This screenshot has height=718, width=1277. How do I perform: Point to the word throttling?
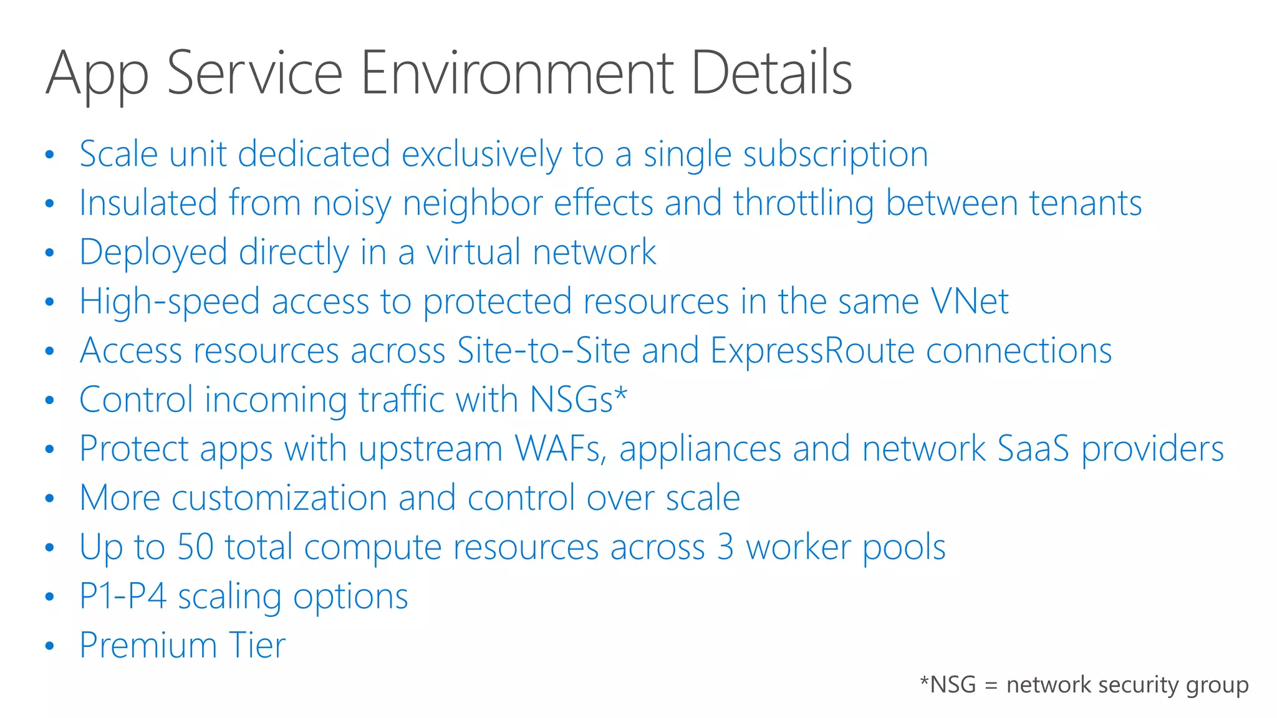point(804,204)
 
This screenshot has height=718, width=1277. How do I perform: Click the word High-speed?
point(169,302)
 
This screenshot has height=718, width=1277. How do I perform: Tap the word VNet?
point(969,302)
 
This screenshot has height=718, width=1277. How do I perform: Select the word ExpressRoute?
point(812,351)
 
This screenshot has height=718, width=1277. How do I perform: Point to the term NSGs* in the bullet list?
point(578,400)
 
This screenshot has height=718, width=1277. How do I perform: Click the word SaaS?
point(1033,449)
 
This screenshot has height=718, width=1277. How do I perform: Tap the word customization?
point(279,498)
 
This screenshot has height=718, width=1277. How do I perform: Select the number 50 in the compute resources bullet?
point(195,547)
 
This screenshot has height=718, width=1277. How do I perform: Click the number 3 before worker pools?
point(725,547)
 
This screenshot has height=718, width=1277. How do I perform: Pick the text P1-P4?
point(123,596)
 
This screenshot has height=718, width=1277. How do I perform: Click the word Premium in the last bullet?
point(148,645)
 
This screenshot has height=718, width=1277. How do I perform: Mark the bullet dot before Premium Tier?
point(50,646)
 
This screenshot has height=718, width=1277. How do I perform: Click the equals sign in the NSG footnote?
point(991,686)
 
